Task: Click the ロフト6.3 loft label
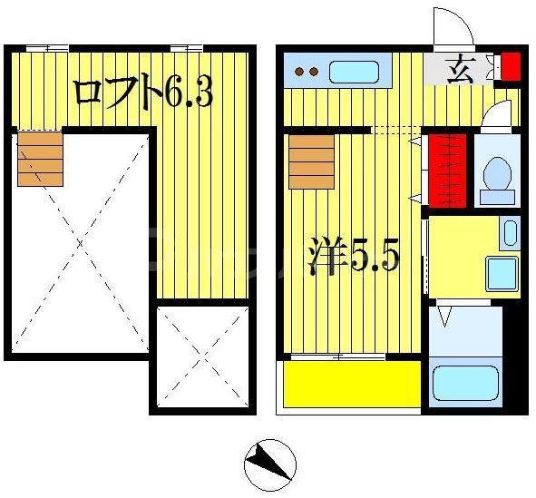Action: (x=142, y=92)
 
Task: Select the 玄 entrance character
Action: (x=457, y=67)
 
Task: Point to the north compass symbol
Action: (x=269, y=463)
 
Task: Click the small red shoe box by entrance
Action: (x=511, y=66)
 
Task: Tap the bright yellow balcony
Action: (x=352, y=385)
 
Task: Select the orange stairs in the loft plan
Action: (x=40, y=159)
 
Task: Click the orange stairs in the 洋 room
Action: (x=311, y=162)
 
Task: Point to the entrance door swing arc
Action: (x=453, y=27)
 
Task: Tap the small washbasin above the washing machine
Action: (x=509, y=233)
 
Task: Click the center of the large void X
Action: (x=80, y=244)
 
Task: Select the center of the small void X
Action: (x=200, y=356)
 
